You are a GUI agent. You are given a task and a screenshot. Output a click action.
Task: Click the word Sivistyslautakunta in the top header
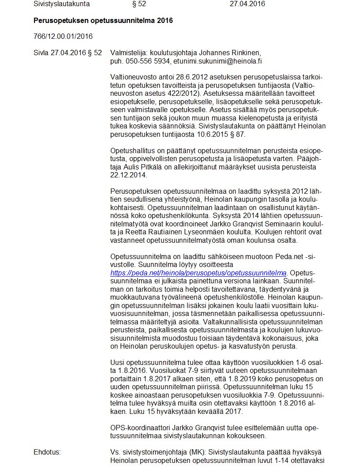[x=61, y=4]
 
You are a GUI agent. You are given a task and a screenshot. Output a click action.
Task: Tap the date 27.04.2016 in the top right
[x=247, y=4]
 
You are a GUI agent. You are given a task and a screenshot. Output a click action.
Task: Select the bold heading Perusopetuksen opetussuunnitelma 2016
[x=103, y=21]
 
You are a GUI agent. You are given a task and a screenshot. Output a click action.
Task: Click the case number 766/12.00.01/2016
[x=63, y=36]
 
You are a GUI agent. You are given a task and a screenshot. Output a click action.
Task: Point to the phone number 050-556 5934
[x=148, y=61]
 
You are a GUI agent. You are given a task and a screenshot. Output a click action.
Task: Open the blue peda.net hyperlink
[x=199, y=273]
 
